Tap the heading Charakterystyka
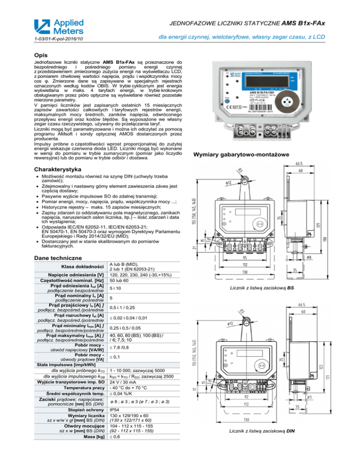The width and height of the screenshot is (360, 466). tap(54, 169)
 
